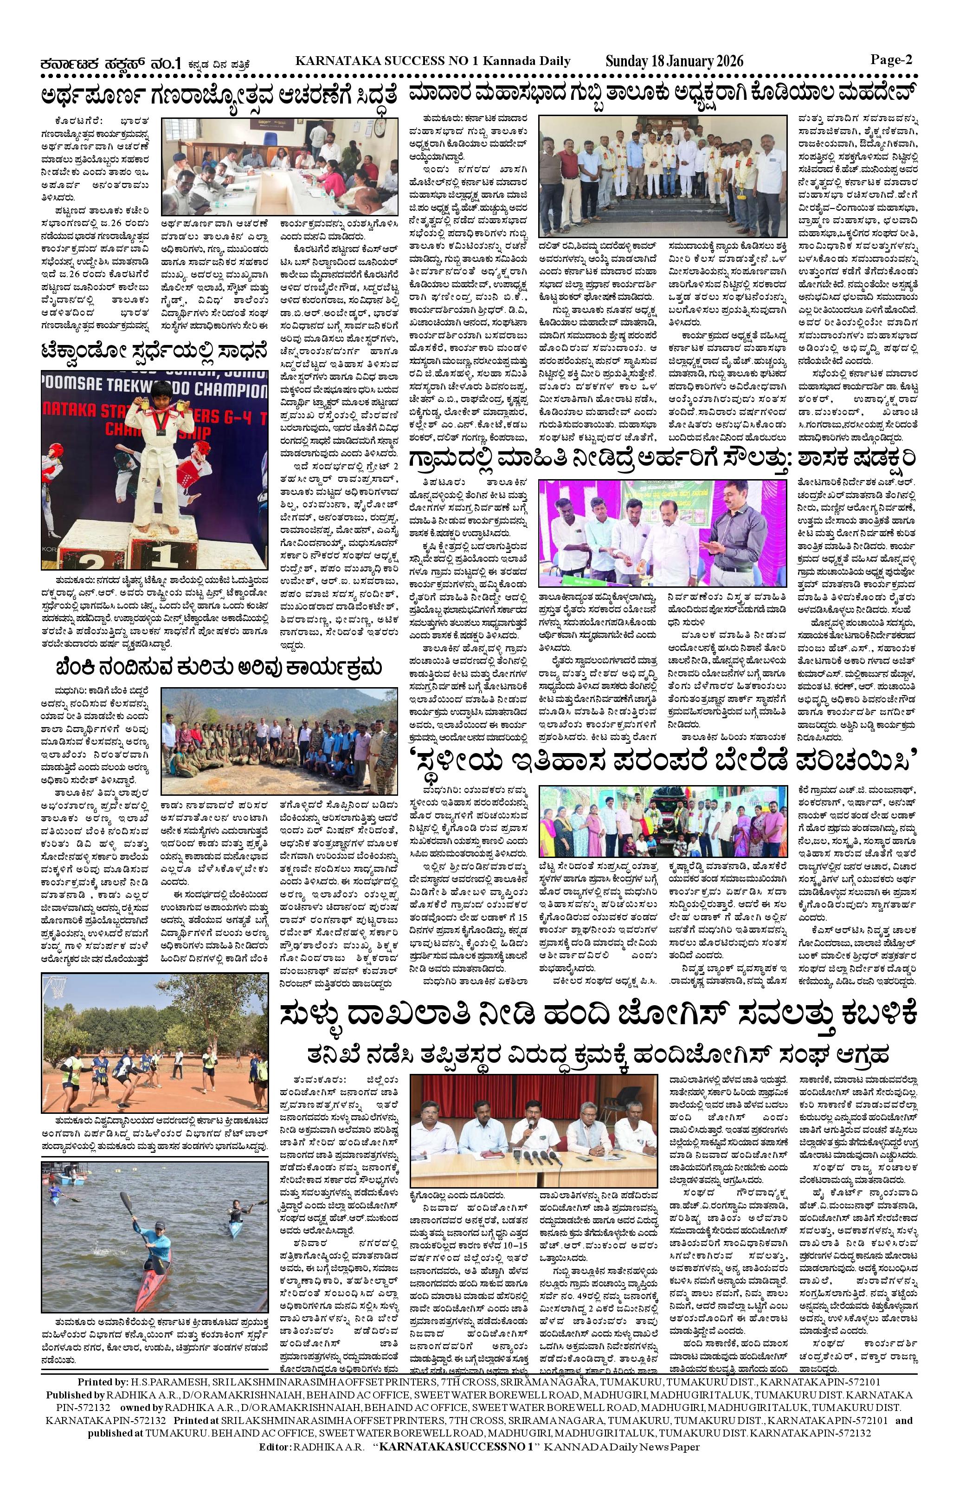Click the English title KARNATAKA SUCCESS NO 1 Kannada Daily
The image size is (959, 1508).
[x=432, y=61]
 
